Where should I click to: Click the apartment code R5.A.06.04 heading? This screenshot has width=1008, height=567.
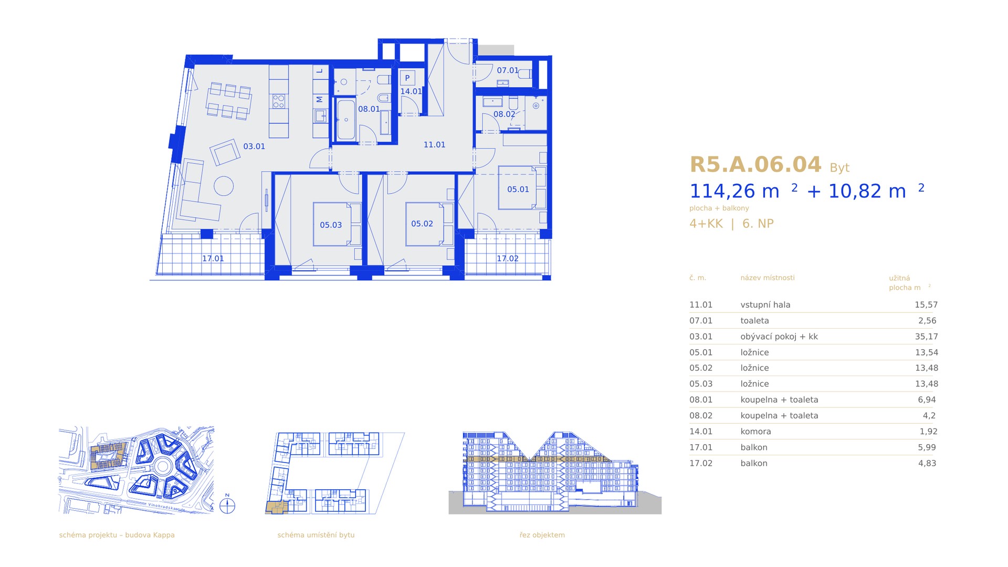(755, 165)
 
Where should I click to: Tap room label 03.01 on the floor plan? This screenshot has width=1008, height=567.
(254, 146)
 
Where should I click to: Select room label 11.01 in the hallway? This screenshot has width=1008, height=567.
(434, 145)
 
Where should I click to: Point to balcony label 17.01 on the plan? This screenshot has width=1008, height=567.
(213, 258)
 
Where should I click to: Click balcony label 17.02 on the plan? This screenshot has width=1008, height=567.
(508, 258)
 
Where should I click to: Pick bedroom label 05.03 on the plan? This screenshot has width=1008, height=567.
(331, 225)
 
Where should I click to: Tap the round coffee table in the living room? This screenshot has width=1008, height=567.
(224, 186)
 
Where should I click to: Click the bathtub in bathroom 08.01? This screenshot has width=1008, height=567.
(345, 120)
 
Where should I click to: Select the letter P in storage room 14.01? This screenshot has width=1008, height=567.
(407, 78)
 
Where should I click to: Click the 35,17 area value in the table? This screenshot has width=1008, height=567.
(926, 337)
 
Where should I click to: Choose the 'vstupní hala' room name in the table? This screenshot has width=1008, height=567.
(765, 305)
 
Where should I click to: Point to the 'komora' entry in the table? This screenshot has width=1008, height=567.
(755, 432)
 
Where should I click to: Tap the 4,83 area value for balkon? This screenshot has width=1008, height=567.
(927, 463)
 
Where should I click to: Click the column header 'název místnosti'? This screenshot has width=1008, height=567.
(768, 278)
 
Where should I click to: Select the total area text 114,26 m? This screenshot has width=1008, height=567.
(734, 191)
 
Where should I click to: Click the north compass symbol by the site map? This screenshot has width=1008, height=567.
(227, 505)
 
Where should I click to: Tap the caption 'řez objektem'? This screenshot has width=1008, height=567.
(542, 535)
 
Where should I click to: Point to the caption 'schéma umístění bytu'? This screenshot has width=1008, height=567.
(316, 535)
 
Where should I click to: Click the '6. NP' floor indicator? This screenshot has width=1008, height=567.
(758, 224)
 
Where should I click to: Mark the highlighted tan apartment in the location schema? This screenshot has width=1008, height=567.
(276, 507)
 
